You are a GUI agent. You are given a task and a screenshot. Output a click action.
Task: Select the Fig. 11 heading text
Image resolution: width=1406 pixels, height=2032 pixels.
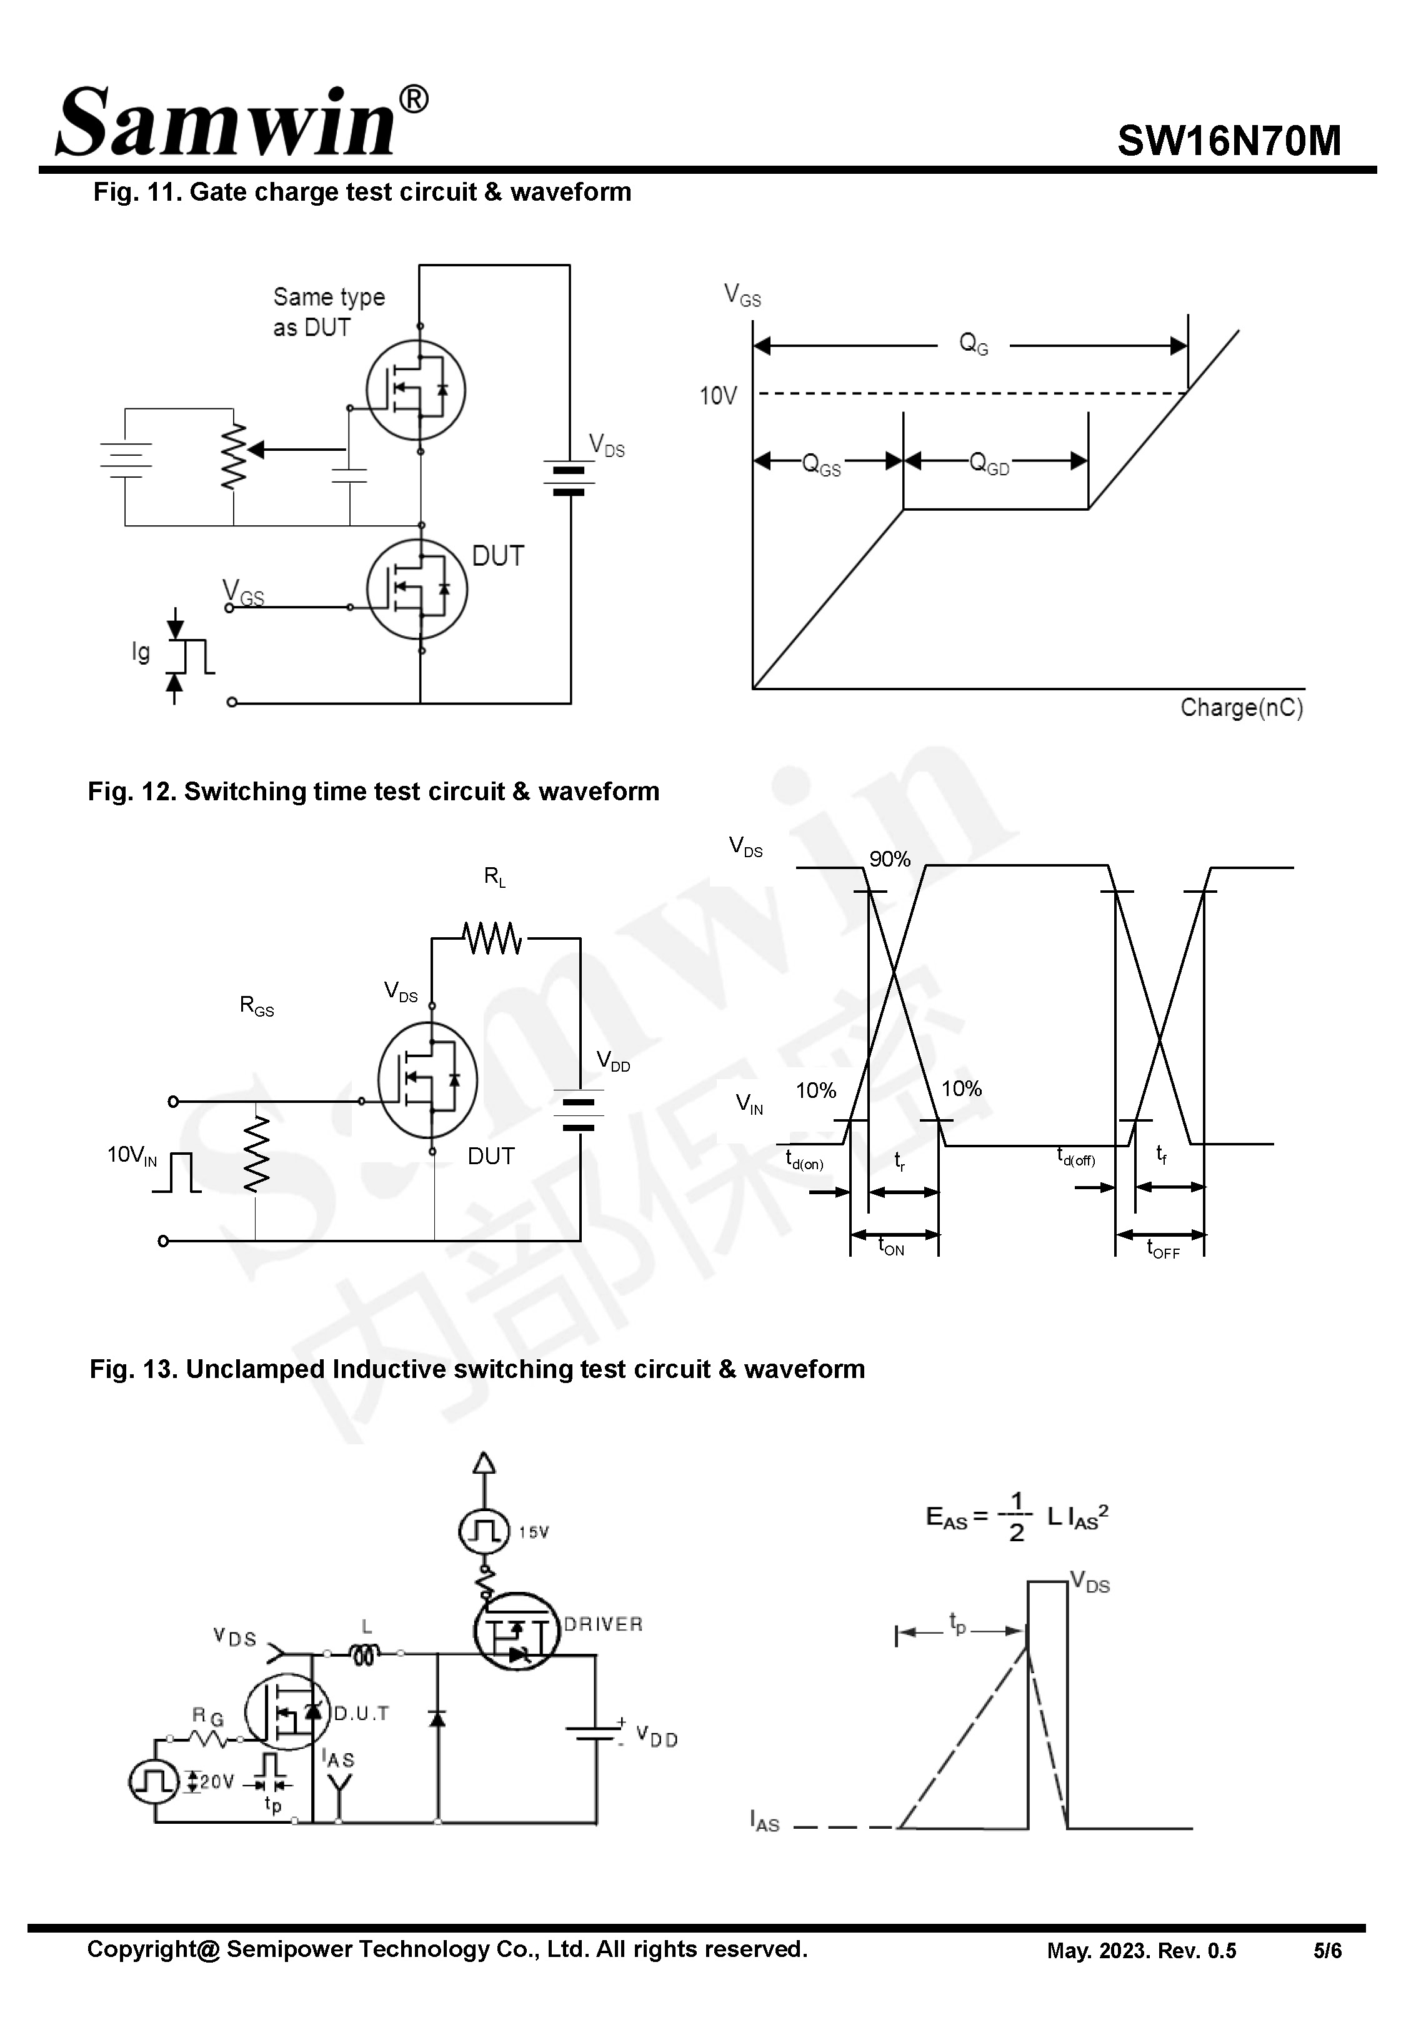click(362, 192)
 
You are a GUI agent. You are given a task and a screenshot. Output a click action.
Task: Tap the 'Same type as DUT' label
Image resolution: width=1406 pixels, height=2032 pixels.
click(327, 312)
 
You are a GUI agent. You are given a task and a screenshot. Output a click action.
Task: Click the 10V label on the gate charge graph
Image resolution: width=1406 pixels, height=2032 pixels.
click(717, 396)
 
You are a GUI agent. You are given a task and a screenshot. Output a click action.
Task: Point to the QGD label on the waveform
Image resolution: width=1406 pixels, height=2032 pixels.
click(989, 463)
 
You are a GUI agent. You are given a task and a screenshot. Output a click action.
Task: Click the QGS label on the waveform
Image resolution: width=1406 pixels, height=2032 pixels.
click(820, 465)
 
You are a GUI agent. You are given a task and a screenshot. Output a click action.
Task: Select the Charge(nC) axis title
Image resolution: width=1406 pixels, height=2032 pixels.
click(1240, 708)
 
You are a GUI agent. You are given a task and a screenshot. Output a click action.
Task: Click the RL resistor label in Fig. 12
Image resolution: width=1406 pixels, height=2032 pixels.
click(494, 877)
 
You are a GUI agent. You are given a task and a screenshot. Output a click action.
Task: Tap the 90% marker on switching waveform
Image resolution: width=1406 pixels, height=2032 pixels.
click(889, 859)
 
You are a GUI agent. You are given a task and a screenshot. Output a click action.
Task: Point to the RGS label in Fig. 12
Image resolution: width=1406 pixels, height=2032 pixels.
click(256, 1006)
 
